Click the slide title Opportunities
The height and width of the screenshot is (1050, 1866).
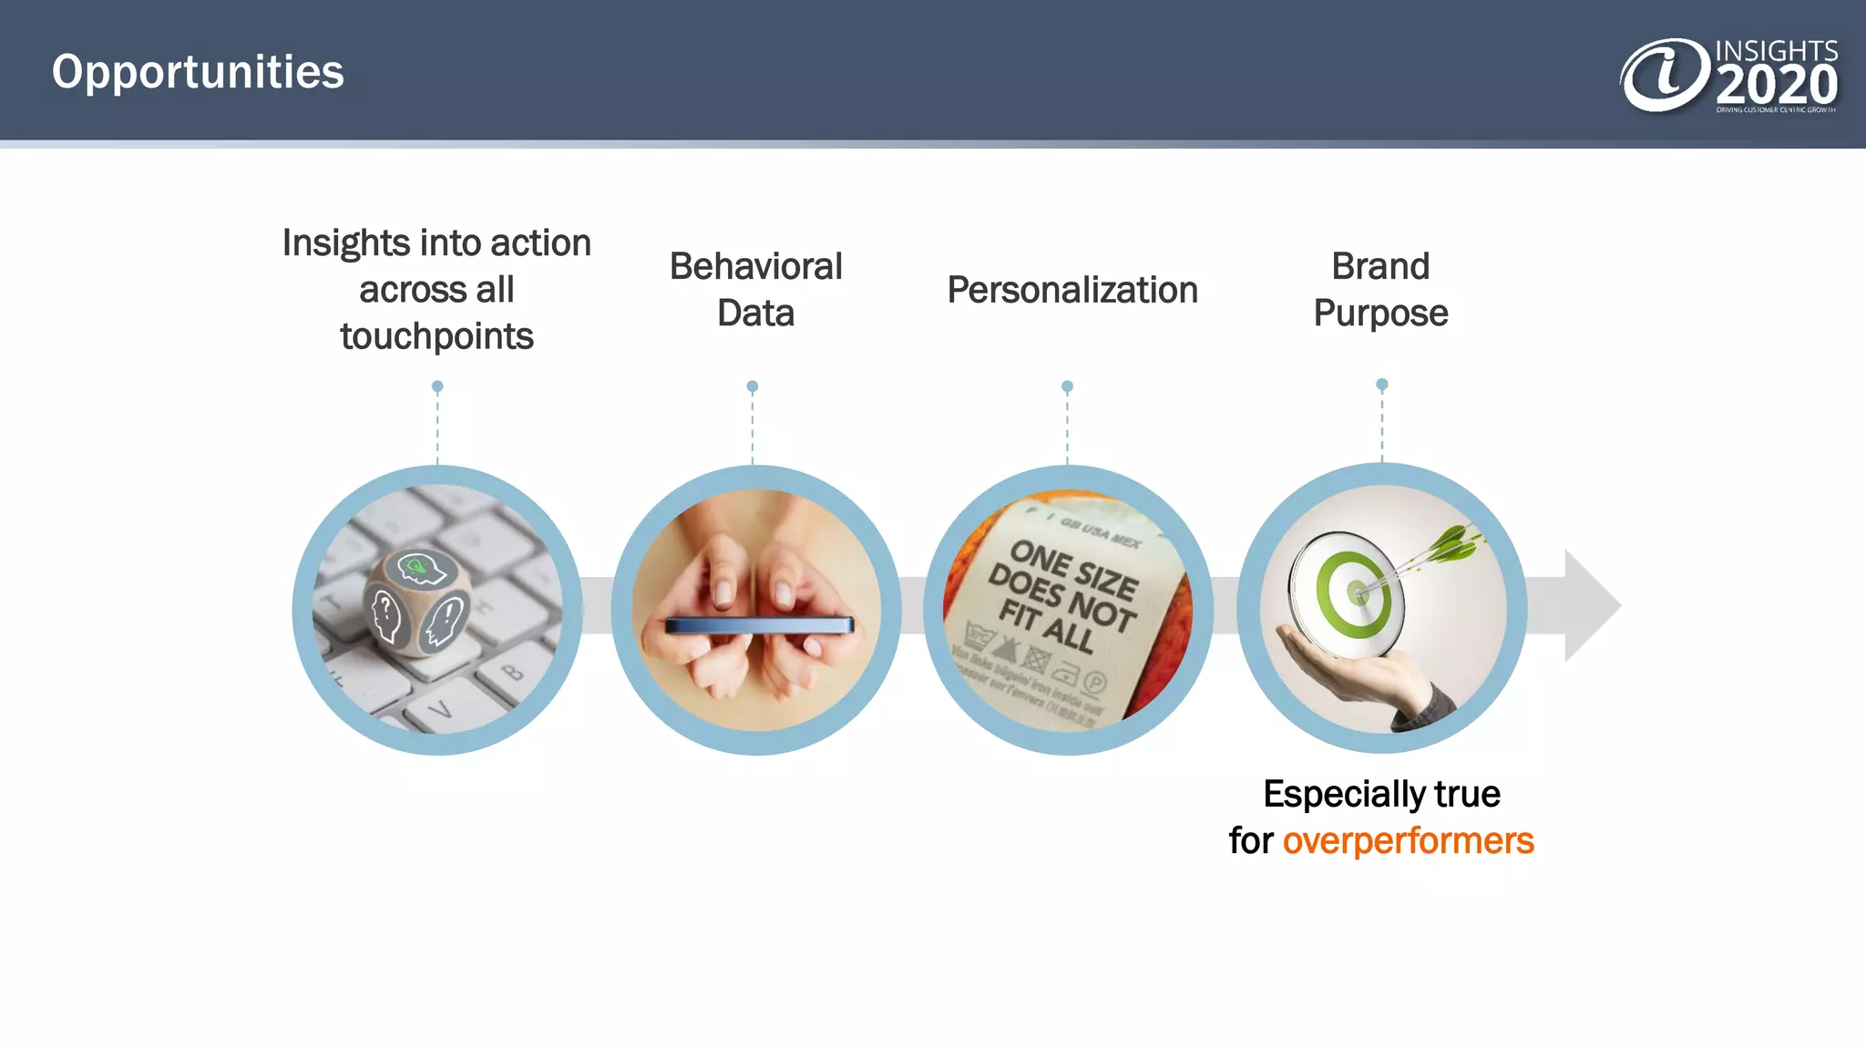(198, 72)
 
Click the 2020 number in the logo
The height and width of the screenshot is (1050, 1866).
(1776, 86)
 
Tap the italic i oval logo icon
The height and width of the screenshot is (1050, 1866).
(1665, 75)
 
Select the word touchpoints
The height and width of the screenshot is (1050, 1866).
(436, 336)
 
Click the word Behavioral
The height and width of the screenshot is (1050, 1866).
(755, 267)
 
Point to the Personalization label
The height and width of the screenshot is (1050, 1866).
(1071, 290)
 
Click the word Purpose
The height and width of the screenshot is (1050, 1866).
(1380, 314)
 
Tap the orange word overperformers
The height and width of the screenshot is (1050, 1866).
(1408, 840)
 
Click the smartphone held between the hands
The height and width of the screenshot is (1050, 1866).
(759, 625)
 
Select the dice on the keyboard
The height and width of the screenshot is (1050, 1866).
(418, 602)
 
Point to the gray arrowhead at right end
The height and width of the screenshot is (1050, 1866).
(1591, 605)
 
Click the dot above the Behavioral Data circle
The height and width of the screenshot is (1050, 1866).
(752, 386)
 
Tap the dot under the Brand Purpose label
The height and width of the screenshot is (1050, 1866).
(1381, 385)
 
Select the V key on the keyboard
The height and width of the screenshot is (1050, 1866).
(441, 708)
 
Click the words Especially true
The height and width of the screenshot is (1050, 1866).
(1380, 794)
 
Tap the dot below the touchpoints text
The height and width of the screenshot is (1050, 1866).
(437, 386)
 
